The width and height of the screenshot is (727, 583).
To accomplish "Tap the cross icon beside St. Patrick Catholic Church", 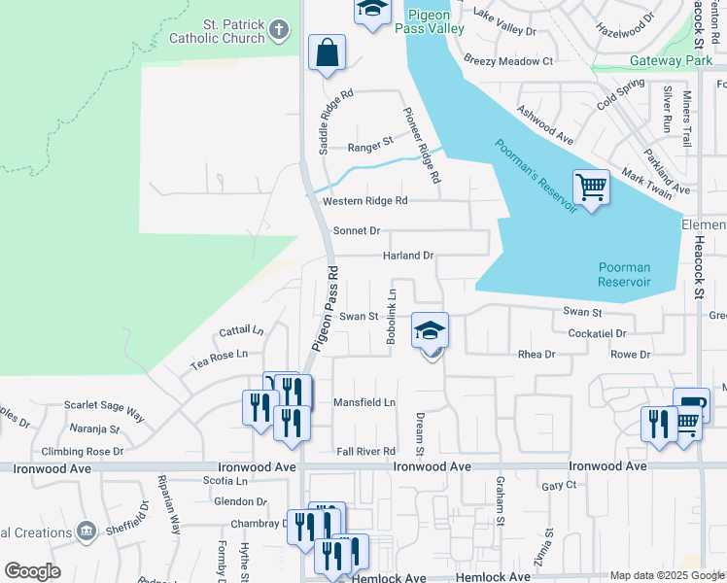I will pos(279,30).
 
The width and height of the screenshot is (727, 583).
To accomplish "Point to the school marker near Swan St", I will pos(430,330).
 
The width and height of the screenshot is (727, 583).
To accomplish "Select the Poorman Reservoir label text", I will pos(624,275).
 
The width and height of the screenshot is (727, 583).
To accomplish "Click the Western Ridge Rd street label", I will pos(364,201).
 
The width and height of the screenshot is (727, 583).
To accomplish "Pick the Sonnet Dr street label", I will pos(356,231).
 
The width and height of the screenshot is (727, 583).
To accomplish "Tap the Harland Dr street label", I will pos(406,256).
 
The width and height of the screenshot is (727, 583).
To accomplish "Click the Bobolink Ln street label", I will pos(392,317).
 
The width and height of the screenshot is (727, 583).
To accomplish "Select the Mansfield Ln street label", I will pos(364,402).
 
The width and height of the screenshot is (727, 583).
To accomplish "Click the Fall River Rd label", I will pos(365,452).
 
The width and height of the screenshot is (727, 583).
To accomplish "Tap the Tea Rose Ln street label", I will pos(219,360).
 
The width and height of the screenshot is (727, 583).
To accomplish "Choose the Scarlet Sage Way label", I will pos(104,410).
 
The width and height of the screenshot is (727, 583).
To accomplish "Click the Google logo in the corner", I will pos(32,571).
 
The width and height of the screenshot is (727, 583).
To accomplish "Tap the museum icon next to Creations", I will pos(86,532).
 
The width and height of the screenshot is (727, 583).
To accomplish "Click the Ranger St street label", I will pos(369,149).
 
